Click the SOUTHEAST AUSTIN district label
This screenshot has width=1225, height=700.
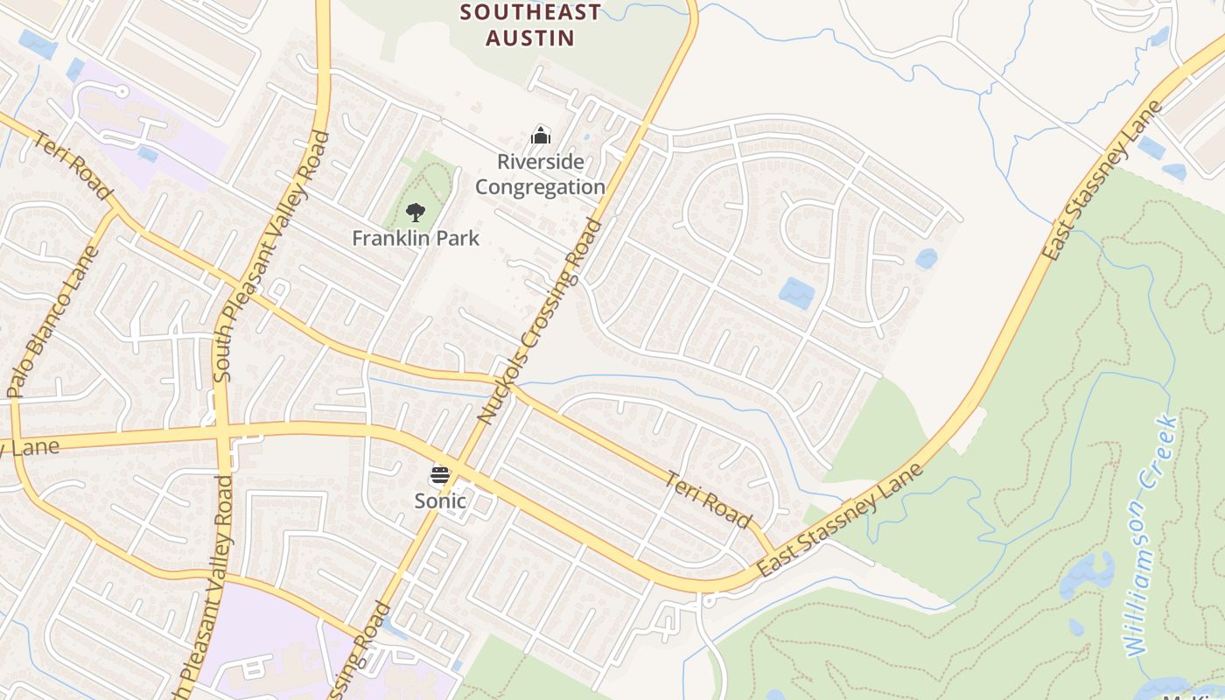pos(530,24)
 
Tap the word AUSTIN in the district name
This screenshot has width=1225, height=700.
pos(530,38)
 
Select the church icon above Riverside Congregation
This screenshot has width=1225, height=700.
pos(541,136)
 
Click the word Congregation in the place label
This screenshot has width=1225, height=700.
pos(540,187)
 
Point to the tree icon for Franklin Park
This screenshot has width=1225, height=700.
pos(416,212)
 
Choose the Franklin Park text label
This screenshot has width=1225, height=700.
pos(416,238)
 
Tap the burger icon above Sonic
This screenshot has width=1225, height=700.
pos(440,476)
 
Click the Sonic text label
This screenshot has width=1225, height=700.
pos(440,501)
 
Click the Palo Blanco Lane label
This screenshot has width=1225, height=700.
pos(53,322)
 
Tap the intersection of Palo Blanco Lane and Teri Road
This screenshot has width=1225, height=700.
pos(117,211)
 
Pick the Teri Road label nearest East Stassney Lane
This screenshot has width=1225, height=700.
pos(708,500)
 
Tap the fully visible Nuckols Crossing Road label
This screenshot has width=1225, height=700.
pos(540,321)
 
